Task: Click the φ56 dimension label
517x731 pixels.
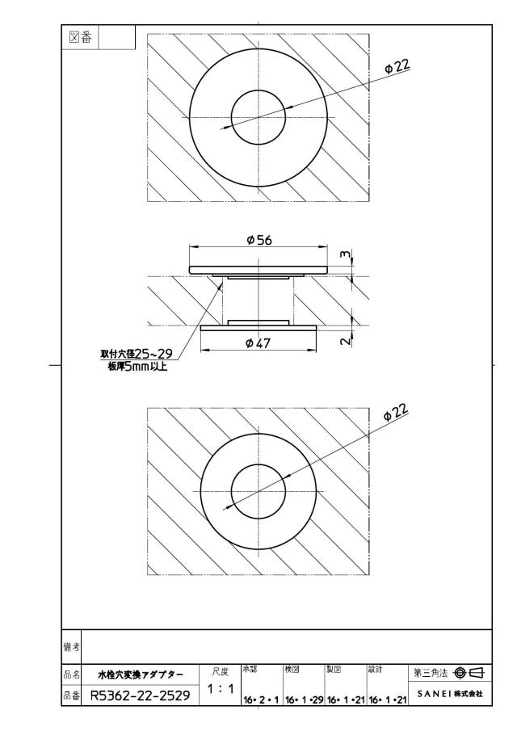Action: (258, 240)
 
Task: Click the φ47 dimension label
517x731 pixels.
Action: (258, 343)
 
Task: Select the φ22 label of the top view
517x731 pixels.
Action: (397, 67)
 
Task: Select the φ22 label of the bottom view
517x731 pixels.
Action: (396, 412)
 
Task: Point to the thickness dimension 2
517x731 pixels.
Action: (345, 341)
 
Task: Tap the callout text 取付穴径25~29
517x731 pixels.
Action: (137, 353)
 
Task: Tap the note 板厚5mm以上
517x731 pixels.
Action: (137, 366)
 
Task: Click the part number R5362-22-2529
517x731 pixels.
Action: (140, 695)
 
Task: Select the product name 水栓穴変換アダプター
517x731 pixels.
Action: (141, 674)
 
